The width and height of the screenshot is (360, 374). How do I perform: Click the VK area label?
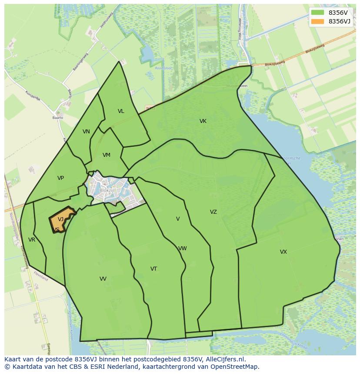coord(203,121)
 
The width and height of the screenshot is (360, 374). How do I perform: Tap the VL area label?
coord(121,111)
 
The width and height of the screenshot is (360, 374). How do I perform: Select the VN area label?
coord(86,132)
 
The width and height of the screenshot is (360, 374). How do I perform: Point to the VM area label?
coord(107,155)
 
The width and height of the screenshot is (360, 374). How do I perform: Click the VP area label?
coord(60,178)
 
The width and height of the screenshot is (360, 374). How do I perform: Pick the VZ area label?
coord(213,212)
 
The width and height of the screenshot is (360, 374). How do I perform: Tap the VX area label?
coord(283,252)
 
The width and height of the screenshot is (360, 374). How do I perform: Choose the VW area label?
coord(183,248)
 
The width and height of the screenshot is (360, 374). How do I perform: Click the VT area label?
coord(153,269)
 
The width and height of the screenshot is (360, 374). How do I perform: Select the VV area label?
coord(103,279)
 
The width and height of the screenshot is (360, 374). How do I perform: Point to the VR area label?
coord(32,240)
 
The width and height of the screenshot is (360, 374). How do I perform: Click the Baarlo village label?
coord(58,118)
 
